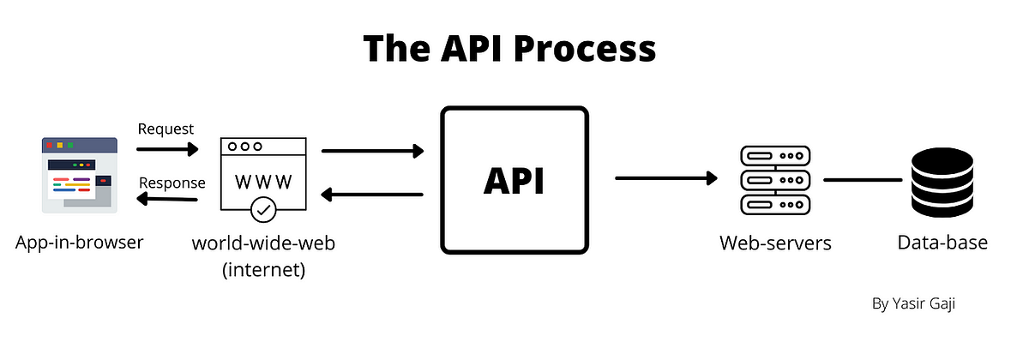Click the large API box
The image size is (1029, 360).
tap(514, 181)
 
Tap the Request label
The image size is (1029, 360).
tap(165, 129)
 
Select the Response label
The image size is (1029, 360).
tap(172, 183)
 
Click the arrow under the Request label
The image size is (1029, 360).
tap(167, 149)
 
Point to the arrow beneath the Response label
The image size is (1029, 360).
tap(167, 201)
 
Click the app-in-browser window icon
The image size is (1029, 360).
tap(79, 174)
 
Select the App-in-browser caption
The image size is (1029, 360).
tap(79, 243)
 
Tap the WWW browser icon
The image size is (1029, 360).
tap(263, 174)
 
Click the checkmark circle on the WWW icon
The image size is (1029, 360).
tap(263, 208)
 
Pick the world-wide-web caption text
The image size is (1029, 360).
tap(263, 243)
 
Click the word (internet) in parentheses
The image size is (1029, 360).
tap(263, 271)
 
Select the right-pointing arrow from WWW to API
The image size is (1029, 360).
tap(373, 152)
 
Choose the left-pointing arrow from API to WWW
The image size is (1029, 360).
tap(373, 195)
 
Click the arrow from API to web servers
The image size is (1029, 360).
tap(666, 178)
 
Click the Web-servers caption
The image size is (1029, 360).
tap(775, 243)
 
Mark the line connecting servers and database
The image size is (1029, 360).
tap(863, 180)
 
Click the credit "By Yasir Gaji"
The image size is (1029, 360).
tap(918, 303)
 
